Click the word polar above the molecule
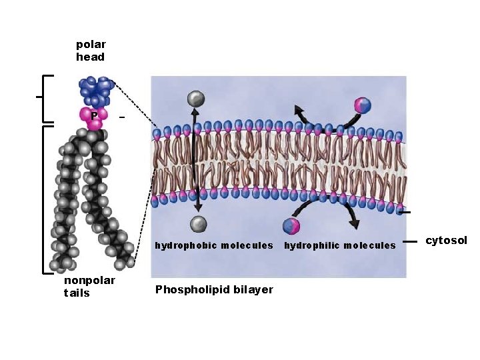(x=91, y=45)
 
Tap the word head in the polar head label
(x=90, y=57)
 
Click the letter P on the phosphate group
(x=95, y=115)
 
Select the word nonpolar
(x=89, y=281)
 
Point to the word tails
(x=77, y=293)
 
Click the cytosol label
(x=446, y=241)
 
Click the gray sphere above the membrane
(x=195, y=99)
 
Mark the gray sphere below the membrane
(x=198, y=223)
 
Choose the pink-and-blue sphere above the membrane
(x=362, y=105)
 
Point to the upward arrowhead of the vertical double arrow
(x=195, y=113)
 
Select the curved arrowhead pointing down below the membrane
(x=354, y=223)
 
